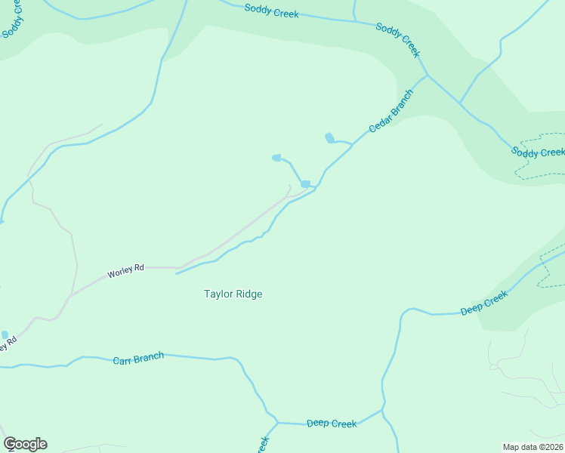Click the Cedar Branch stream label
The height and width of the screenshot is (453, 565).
(391, 112)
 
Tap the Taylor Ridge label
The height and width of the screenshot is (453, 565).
(233, 294)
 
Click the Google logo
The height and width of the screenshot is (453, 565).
(25, 444)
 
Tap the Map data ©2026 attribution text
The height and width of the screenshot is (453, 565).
(532, 446)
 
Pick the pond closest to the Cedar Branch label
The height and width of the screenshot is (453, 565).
(329, 137)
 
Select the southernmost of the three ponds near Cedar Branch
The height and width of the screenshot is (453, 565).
(305, 184)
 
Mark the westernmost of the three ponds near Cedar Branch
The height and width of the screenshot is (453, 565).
(276, 158)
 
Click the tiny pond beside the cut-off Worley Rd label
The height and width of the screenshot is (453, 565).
(5, 334)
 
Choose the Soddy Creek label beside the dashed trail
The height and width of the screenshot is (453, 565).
(538, 152)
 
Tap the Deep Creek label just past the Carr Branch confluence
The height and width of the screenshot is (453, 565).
(332, 424)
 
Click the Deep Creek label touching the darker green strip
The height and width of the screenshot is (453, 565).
(484, 304)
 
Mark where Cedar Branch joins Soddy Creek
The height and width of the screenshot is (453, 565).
(427, 75)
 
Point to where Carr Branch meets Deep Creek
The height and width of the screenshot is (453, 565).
(277, 423)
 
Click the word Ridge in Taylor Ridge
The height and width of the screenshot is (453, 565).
(249, 294)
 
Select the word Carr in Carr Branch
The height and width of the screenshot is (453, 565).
(124, 360)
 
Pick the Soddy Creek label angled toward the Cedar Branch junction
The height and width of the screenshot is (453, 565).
(398, 39)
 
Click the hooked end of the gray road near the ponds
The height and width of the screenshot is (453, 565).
(289, 187)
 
